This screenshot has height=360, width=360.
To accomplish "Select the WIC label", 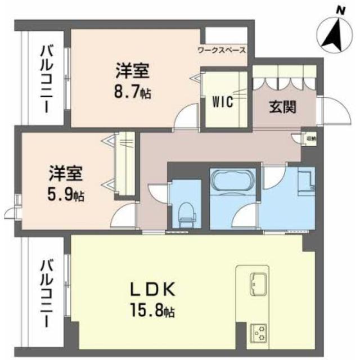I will [x=222, y=102].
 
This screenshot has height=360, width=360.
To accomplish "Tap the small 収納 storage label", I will [x=311, y=137].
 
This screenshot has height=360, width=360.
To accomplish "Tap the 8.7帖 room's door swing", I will [x=184, y=119].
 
